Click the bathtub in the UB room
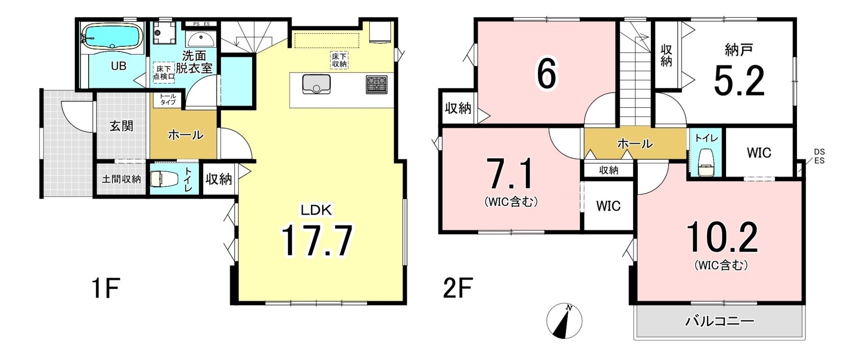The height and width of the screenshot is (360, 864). pyautogui.click(x=111, y=36)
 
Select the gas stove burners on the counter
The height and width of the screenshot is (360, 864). pyautogui.click(x=376, y=84)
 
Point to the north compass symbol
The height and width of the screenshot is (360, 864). pyautogui.click(x=564, y=321)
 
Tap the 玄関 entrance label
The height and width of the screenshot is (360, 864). pyautogui.click(x=121, y=126)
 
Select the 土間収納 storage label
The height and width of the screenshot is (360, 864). pyautogui.click(x=121, y=179)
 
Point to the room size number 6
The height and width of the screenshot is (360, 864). pyautogui.click(x=547, y=74)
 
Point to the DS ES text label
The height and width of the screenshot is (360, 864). pyautogui.click(x=819, y=156)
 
